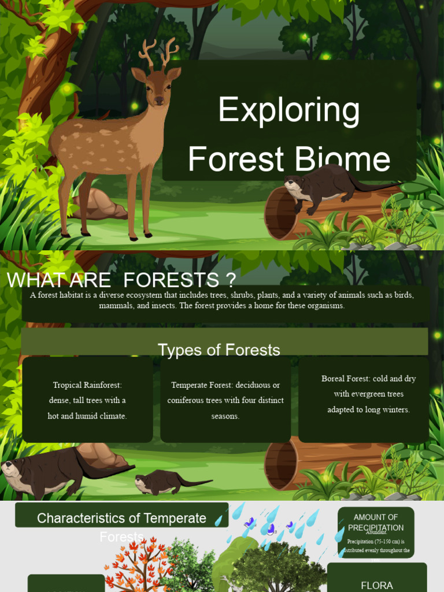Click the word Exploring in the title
coord(289,110)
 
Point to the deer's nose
coord(159,101)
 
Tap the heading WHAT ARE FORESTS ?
coord(121,280)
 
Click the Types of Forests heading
coord(219,350)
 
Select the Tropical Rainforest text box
coord(87,400)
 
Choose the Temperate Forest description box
coord(225,400)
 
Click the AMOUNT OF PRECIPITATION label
coord(376,523)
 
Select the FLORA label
coord(377,585)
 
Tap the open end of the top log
coord(276,213)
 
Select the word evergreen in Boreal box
coord(365,394)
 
